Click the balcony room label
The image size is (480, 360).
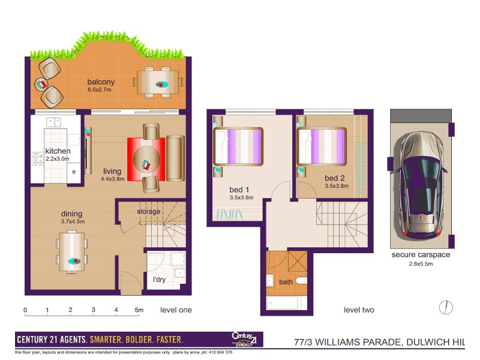click(101, 82)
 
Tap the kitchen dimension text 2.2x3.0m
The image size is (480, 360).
click(58, 159)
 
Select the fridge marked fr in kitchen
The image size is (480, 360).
click(74, 172)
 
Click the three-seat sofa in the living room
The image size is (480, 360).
click(175, 158)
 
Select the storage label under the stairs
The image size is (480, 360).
click(148, 212)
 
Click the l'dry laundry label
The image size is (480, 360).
click(158, 281)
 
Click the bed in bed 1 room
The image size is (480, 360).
click(239, 146)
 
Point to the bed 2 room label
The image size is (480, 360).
click(334, 178)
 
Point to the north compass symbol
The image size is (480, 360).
click(445, 307)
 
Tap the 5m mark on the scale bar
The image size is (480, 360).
click(139, 310)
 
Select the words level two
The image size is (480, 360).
click(359, 310)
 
